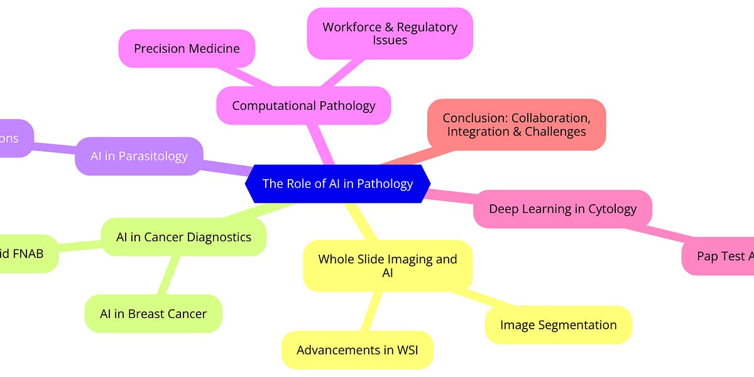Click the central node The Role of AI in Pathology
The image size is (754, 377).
click(337, 183)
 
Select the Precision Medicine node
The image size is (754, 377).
click(187, 48)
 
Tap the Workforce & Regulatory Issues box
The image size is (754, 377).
click(390, 34)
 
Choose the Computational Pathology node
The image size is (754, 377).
click(303, 105)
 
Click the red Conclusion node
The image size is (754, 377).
click(515, 124)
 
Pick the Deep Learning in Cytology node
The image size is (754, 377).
click(562, 209)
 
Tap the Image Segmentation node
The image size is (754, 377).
click(558, 325)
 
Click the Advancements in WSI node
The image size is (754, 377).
click(357, 350)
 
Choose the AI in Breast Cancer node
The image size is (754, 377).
click(153, 314)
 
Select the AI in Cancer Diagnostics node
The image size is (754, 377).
click(183, 237)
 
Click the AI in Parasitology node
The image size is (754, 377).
click(139, 156)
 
